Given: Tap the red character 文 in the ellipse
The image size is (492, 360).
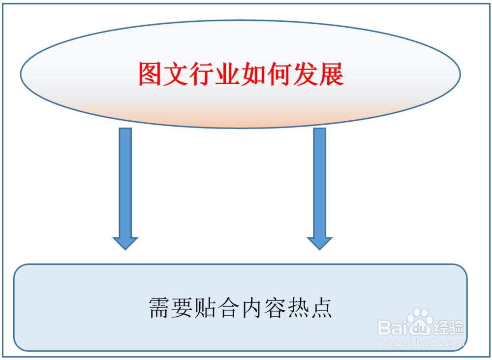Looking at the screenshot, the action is coord(176,74).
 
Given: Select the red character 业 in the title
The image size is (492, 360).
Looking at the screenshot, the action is coord(227,74).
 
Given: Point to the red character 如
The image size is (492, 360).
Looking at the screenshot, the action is coord(253,74).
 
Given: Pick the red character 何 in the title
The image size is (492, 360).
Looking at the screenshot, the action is coord(279,74).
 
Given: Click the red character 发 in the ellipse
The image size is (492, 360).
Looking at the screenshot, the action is coord(305,74).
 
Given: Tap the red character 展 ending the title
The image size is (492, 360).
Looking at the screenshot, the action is coord(331,74).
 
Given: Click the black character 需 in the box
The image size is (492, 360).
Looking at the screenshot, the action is coord(160,308).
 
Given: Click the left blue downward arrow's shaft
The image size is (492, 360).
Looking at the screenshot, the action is coord(125,182).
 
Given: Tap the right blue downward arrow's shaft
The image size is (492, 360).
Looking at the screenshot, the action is coord(320,182).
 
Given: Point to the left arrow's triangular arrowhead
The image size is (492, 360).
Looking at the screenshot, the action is coord(125,243).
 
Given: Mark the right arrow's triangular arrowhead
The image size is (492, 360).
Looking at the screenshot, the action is coord(320,243).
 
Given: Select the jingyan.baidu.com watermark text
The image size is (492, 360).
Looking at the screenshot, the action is coord(421,340).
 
